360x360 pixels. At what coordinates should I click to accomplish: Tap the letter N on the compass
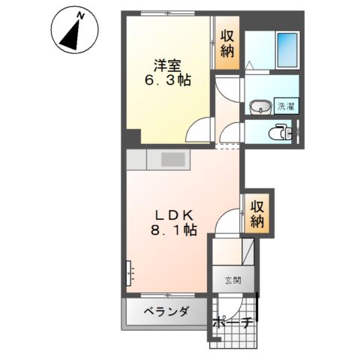[80, 14]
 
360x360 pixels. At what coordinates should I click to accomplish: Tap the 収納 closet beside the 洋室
[228, 46]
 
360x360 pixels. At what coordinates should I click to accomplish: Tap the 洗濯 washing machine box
[285, 106]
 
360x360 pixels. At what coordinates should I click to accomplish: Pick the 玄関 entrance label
[232, 281]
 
